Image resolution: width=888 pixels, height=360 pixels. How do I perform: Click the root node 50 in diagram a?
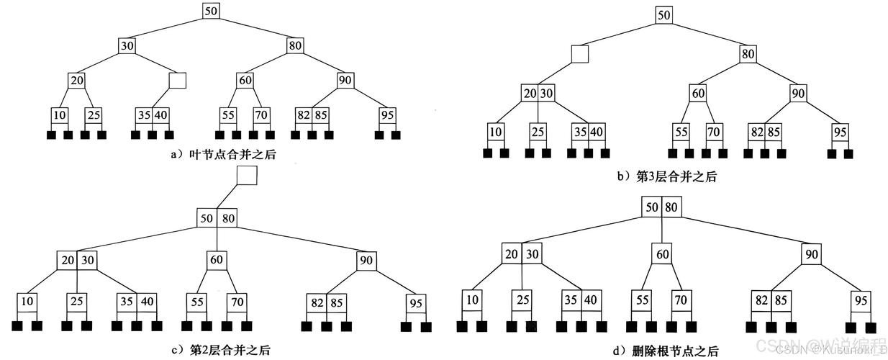[x=210, y=11]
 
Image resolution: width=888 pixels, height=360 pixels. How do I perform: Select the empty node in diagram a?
[x=178, y=79]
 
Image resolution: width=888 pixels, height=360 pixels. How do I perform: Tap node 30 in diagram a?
[x=127, y=45]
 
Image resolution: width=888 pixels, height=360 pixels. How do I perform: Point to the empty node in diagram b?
[x=580, y=53]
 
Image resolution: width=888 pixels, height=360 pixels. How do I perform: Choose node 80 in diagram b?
[x=747, y=53]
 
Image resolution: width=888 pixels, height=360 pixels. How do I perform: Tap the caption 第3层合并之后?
[x=676, y=176]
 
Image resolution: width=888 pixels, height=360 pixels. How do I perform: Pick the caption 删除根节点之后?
[x=677, y=351]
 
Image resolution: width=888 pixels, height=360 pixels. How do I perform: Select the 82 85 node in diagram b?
[x=765, y=132]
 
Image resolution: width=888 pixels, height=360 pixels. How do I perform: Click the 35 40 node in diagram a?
[x=153, y=114]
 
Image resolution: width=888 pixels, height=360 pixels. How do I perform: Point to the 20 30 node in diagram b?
[x=538, y=93]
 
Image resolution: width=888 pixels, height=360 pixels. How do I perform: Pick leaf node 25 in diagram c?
[x=77, y=301]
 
